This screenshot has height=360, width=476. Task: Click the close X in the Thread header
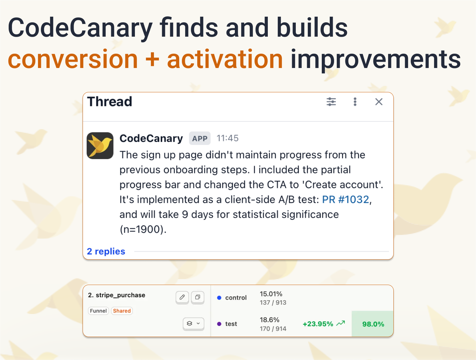[x=379, y=102]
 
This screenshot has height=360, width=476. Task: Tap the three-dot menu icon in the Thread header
[x=355, y=102]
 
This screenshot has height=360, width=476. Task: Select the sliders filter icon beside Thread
[x=331, y=102]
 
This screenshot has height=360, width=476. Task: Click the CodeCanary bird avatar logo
[x=100, y=146]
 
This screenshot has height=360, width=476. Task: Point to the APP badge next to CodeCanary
[x=200, y=139]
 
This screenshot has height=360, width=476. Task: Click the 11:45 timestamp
[x=228, y=138]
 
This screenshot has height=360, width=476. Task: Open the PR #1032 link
[x=345, y=199]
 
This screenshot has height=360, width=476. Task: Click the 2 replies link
[x=106, y=251]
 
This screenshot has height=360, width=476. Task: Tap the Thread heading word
[x=110, y=102]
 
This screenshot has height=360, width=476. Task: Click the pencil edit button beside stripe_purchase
[x=182, y=297]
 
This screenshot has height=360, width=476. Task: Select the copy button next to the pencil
[x=198, y=297]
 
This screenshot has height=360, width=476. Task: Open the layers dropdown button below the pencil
[x=193, y=323]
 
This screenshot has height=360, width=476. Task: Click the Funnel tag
[x=98, y=311]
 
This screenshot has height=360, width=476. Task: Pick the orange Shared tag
[x=122, y=311]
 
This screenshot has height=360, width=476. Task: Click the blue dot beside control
[x=219, y=298]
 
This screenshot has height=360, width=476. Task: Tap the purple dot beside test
[x=219, y=324]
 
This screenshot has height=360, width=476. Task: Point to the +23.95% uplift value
[x=318, y=324]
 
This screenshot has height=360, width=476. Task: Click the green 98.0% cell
[x=373, y=324]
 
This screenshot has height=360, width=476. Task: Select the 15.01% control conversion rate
[x=271, y=294]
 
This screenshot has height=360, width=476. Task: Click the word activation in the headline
[x=225, y=59]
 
